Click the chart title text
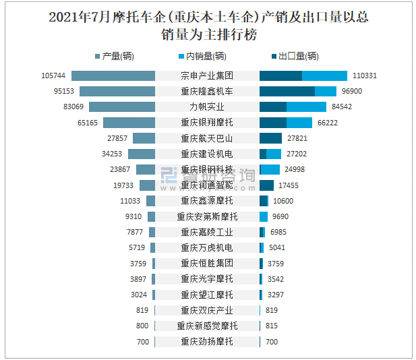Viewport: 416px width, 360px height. (x=208, y=26)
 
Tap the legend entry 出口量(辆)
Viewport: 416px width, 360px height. (x=294, y=57)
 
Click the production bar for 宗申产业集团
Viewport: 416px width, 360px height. (x=113, y=76)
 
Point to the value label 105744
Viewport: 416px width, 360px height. (x=53, y=76)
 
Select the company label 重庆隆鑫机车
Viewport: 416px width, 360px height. (x=207, y=91)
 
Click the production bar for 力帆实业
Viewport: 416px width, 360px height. (x=122, y=107)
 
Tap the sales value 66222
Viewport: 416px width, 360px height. (x=328, y=123)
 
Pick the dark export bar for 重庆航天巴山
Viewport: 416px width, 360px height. (x=270, y=138)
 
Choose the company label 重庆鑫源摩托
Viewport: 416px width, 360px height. (x=207, y=201)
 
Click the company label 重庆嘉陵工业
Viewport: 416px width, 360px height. (x=207, y=233)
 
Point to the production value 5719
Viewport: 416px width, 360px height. (x=138, y=248)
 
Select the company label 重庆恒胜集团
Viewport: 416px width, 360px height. (x=207, y=264)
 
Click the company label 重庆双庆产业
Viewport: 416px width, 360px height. (x=207, y=311)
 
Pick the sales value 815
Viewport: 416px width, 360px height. (x=272, y=326)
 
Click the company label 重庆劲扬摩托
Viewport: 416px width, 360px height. (x=207, y=342)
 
